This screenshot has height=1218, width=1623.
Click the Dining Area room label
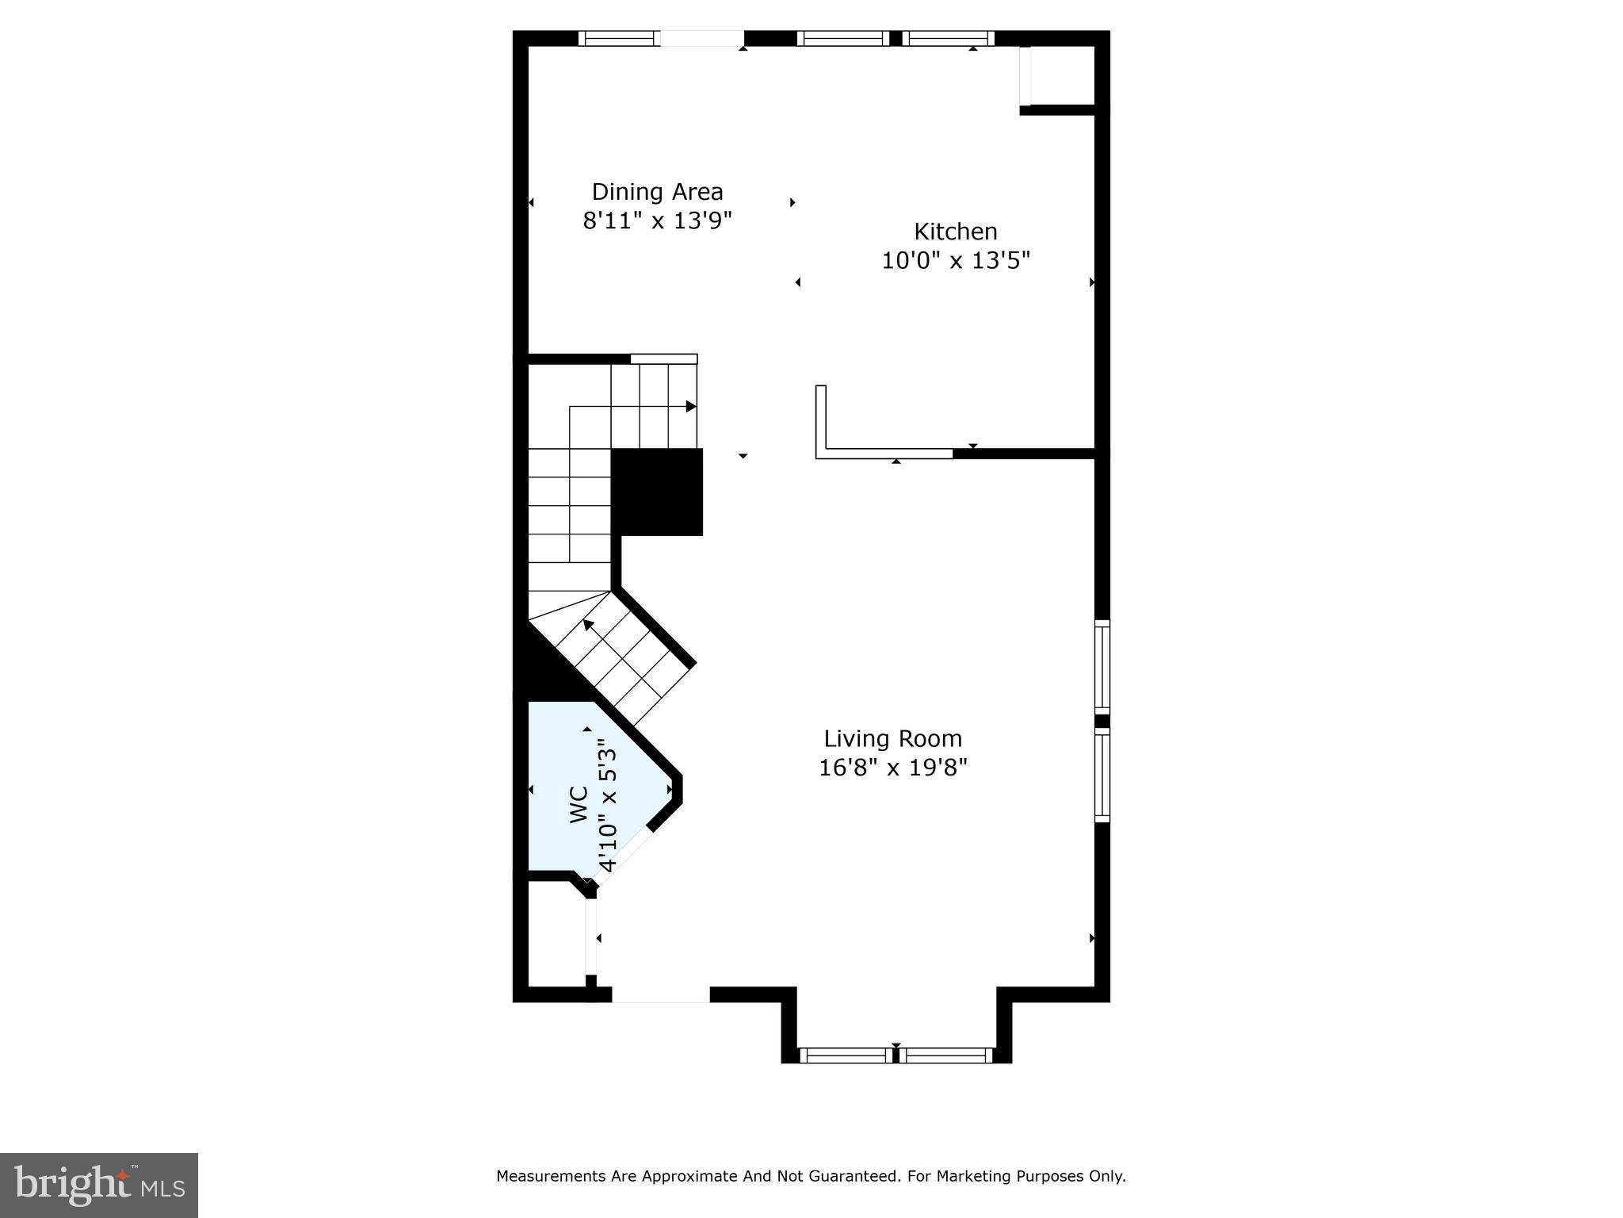pyautogui.click(x=657, y=192)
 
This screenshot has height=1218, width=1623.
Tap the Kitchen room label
pyautogui.click(x=955, y=232)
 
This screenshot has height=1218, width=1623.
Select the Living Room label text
pyautogui.click(x=892, y=739)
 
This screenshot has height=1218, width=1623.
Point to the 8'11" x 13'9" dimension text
pyautogui.click(x=657, y=220)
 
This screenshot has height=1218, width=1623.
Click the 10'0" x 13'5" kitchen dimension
pyautogui.click(x=955, y=260)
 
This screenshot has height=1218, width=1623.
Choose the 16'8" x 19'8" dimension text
pyautogui.click(x=892, y=768)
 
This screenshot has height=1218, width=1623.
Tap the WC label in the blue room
pyautogui.click(x=579, y=804)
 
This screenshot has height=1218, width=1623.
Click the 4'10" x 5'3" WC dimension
pyautogui.click(x=607, y=804)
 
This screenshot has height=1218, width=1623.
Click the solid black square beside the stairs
pyautogui.click(x=657, y=492)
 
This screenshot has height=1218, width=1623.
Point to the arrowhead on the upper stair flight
pyautogui.click(x=691, y=407)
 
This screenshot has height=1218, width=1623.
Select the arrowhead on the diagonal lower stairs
pyautogui.click(x=588, y=625)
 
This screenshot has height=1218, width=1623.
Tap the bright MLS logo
pyautogui.click(x=98, y=1185)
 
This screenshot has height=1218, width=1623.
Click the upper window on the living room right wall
pyautogui.click(x=1102, y=666)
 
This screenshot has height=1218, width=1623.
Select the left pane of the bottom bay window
pyautogui.click(x=846, y=1055)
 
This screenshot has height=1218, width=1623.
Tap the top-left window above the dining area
pyautogui.click(x=619, y=38)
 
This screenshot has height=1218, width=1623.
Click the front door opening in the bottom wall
pyautogui.click(x=660, y=994)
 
